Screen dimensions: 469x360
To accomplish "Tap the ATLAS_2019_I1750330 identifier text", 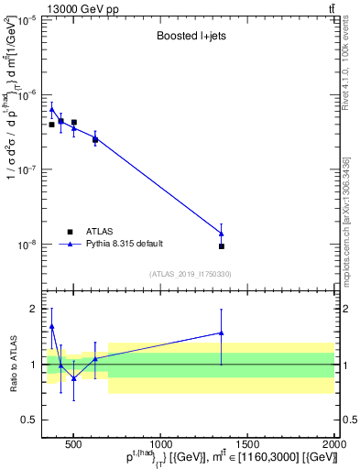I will (191, 274).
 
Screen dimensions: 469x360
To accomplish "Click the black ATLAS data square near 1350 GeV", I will (222, 246).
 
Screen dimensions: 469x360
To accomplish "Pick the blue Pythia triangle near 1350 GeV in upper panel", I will (222, 234).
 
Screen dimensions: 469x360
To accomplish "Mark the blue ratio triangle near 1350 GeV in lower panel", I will (222, 333).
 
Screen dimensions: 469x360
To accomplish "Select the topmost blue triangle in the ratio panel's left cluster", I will (52, 326).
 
